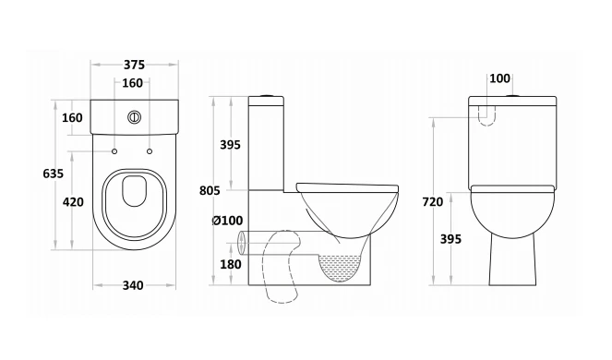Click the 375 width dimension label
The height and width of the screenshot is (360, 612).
[x=134, y=65]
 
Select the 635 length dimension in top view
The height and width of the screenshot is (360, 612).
[x=54, y=174]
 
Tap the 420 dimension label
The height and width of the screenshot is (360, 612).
[x=73, y=202]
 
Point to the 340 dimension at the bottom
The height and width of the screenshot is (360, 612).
[x=133, y=285]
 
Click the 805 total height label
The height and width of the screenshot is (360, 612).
[x=210, y=190]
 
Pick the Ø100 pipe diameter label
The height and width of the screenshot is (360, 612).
[x=227, y=221]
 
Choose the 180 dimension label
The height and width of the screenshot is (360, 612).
[x=231, y=264]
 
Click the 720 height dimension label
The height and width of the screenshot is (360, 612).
[x=432, y=202]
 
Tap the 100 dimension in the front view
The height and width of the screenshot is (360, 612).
[x=499, y=78]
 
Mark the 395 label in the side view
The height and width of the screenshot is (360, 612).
[x=230, y=145]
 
